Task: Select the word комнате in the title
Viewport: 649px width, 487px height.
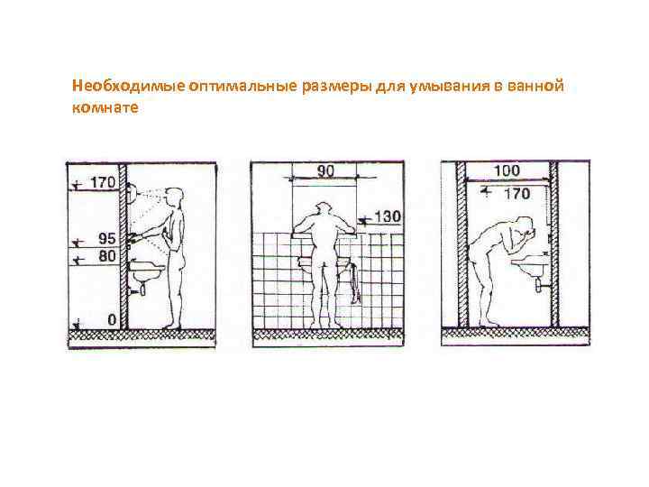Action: click(x=105, y=107)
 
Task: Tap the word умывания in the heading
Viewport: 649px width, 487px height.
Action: click(x=449, y=87)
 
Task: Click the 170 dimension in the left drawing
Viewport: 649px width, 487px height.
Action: click(x=103, y=182)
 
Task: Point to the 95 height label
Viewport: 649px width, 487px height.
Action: click(x=106, y=238)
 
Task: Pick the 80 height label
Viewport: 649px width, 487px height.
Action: click(x=106, y=256)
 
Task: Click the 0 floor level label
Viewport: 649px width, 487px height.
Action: click(x=112, y=319)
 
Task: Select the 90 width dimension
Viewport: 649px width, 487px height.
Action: click(x=324, y=170)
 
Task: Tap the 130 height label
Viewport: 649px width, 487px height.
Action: click(x=388, y=216)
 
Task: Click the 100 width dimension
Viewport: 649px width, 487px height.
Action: click(x=507, y=170)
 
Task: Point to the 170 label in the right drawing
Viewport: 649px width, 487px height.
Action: click(x=517, y=193)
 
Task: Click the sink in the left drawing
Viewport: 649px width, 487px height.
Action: click(x=147, y=269)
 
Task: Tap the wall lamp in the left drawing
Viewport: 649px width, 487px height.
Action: click(x=133, y=193)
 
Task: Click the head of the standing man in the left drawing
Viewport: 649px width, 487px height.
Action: click(x=174, y=197)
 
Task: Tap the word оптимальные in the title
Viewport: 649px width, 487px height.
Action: click(x=243, y=87)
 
